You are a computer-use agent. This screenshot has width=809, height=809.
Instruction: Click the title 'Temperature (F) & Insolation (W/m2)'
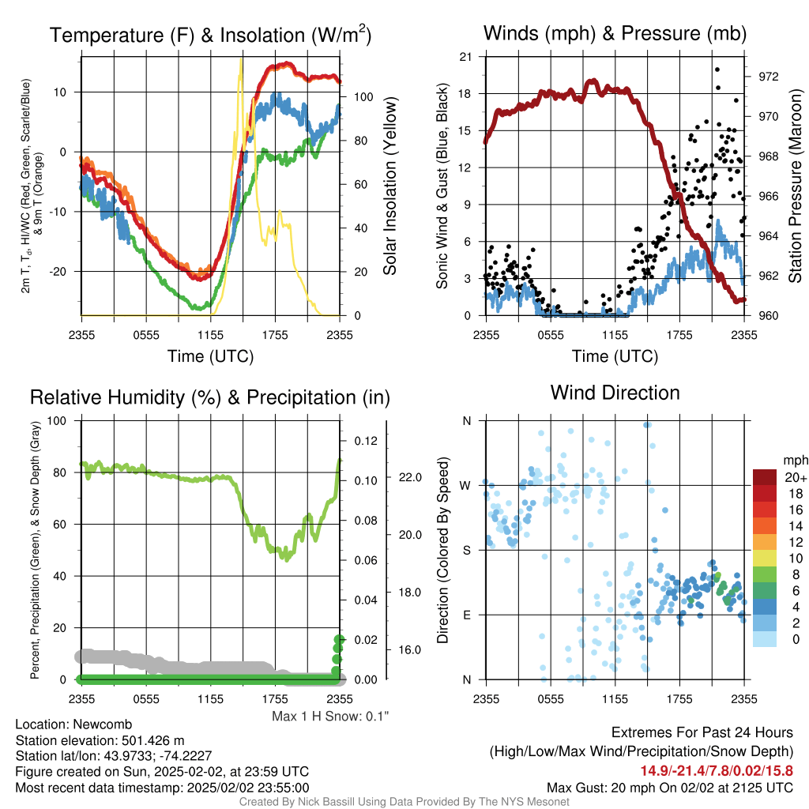210,34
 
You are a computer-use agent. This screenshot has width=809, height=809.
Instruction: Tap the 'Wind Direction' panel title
615,393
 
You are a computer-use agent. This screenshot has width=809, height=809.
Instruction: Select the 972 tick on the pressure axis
768,77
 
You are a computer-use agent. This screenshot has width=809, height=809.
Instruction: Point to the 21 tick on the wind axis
465,57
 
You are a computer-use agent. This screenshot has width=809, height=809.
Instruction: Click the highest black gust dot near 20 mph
717,70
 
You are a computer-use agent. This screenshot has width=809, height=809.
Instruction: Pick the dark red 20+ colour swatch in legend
765,477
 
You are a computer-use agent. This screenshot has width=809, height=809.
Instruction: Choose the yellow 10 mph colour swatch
765,558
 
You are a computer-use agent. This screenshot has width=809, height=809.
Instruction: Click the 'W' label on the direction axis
465,486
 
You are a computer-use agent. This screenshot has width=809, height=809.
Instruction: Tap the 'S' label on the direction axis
466,550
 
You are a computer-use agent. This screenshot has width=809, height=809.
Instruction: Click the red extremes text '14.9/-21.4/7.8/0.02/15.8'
717,771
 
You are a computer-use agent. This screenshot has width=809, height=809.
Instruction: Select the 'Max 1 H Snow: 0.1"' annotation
330,716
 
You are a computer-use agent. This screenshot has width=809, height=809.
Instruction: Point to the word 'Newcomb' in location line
103,724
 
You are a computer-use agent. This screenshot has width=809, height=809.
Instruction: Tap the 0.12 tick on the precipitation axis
366,441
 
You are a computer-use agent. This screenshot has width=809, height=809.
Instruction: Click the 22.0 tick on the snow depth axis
410,477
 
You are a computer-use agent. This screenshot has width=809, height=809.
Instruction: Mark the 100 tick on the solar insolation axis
363,97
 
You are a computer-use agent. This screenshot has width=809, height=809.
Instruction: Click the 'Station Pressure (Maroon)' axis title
795,186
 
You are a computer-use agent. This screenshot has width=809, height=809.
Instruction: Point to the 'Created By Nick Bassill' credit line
404,802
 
